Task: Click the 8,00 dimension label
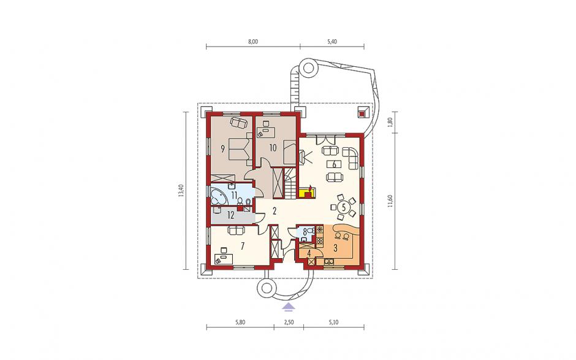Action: (252, 42)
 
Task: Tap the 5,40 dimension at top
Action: (332, 42)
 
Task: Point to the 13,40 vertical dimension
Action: (180, 190)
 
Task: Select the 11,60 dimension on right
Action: (390, 201)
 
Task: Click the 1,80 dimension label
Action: (390, 121)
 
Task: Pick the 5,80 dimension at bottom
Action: (240, 323)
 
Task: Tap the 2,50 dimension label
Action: (289, 323)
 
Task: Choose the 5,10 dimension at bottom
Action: (333, 323)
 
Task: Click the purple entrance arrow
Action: (289, 306)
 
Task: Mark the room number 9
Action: (222, 148)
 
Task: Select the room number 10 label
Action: (273, 148)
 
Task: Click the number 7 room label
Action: (242, 246)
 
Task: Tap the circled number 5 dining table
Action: (344, 207)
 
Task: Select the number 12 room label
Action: (230, 215)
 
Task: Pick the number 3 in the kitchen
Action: (335, 248)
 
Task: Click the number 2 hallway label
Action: (274, 211)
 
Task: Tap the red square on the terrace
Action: (362, 112)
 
